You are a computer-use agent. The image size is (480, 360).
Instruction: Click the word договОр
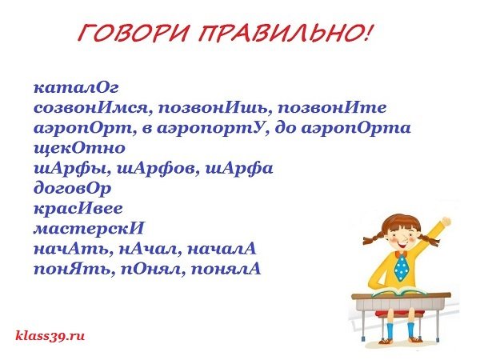point(73,190)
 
